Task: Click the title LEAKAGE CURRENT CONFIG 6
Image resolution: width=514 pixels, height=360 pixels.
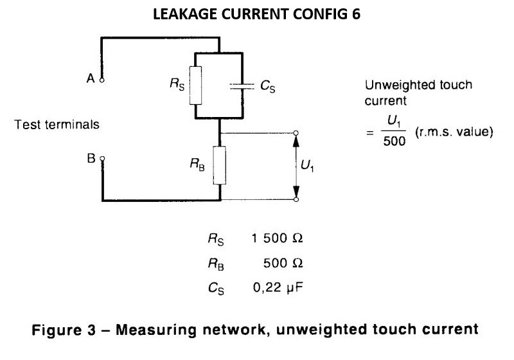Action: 257,15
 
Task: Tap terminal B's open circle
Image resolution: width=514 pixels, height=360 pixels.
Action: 102,157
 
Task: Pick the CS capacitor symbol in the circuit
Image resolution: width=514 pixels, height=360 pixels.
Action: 242,85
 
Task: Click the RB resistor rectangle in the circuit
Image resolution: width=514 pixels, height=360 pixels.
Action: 220,165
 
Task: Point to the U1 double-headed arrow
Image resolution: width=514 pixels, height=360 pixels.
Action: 296,166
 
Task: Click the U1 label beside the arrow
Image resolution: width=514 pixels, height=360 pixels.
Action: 308,166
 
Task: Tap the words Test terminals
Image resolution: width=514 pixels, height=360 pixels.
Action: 57,124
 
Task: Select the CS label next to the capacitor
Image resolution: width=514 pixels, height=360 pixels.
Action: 269,85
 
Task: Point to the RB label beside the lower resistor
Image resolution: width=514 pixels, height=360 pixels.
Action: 197,165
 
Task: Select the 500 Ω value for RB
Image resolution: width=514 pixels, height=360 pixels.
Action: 283,263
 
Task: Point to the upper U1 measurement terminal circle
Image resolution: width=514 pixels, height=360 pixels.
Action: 296,133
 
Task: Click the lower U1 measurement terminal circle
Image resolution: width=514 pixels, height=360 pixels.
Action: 296,200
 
